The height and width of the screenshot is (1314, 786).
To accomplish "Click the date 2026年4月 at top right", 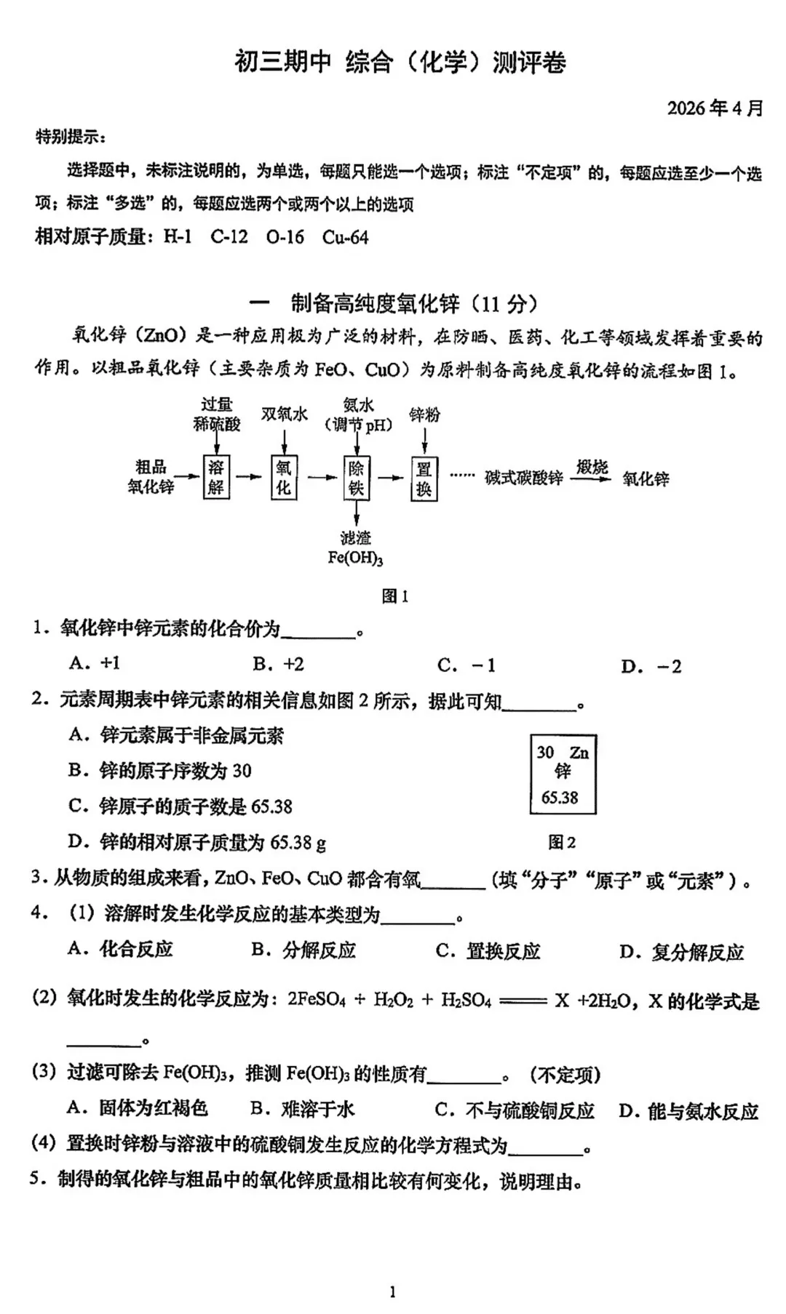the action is point(715,108).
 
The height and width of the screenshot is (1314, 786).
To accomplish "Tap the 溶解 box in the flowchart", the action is point(216,477).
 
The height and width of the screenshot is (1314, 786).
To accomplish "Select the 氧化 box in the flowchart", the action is point(283,477).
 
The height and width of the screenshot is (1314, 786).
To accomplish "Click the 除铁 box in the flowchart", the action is point(356,478).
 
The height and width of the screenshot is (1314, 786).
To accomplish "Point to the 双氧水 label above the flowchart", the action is point(284,414).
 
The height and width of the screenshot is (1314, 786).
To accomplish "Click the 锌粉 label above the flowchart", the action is point(424,414).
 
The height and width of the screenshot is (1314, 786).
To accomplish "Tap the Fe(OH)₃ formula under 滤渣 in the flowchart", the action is point(355,558).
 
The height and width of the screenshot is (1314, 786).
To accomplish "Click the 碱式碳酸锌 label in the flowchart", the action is point(524,478).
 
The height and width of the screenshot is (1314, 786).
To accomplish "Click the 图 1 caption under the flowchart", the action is point(394,596).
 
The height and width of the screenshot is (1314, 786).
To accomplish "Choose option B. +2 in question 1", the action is point(278,664).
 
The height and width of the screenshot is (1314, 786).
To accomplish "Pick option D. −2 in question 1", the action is point(651,666).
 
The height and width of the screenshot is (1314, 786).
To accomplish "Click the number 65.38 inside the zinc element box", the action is point(559,798).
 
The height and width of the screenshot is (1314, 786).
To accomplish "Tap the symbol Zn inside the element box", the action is point(579,753).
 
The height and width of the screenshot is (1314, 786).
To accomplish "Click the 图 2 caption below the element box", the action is point(561,842).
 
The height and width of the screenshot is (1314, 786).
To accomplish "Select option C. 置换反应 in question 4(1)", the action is point(488,950).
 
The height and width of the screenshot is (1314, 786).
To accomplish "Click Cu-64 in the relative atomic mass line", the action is point(345,237).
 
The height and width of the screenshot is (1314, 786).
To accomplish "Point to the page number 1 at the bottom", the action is point(393,1291).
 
